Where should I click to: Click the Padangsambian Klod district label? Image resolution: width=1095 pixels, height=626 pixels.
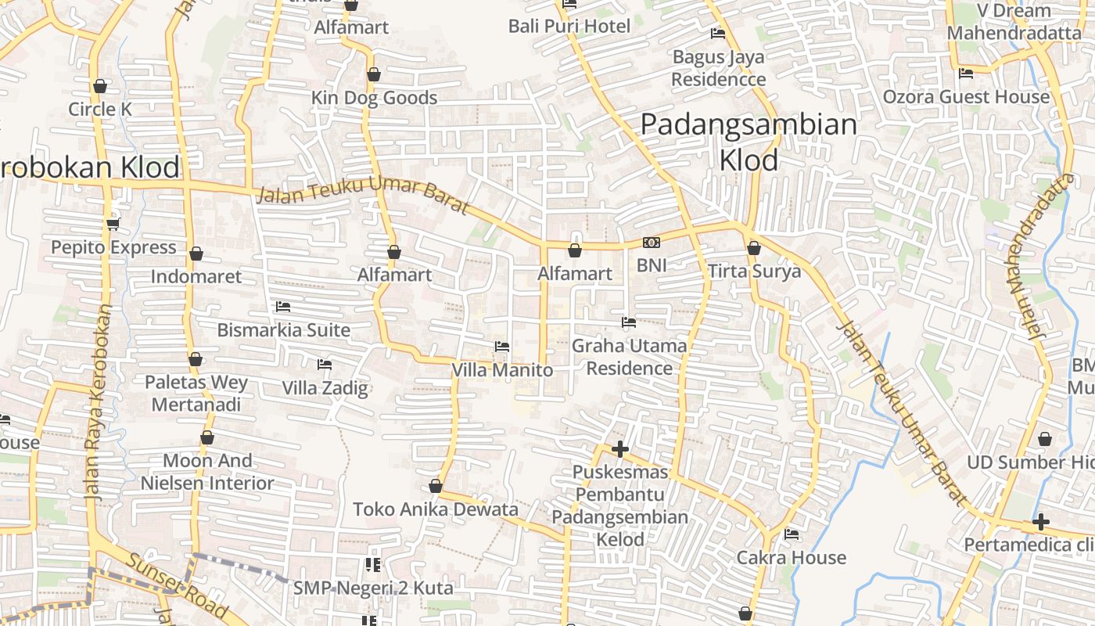(x=749, y=142)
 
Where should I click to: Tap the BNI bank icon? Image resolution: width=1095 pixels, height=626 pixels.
(x=652, y=243)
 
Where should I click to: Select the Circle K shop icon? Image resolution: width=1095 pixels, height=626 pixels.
(x=100, y=86)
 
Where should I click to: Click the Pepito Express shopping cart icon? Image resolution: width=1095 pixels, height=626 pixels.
(x=113, y=225)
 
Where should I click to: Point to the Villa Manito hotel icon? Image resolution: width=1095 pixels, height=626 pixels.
(x=502, y=346)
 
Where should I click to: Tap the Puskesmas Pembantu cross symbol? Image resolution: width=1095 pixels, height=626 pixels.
(x=620, y=449)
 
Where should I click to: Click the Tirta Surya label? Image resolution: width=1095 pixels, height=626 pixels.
(x=754, y=272)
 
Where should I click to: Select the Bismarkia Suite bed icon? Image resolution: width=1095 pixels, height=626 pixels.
(x=283, y=307)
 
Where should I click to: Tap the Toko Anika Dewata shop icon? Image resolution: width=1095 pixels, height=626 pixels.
(x=436, y=486)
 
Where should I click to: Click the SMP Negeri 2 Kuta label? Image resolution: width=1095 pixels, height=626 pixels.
(x=383, y=587)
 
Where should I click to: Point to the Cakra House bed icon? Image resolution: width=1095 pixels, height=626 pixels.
(x=792, y=534)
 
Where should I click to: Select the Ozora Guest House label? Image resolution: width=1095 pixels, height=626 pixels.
(x=966, y=97)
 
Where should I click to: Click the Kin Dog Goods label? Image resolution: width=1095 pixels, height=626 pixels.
(x=374, y=98)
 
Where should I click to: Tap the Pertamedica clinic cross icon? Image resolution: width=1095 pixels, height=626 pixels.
(x=1040, y=522)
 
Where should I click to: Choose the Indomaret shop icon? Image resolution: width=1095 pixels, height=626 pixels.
(x=196, y=254)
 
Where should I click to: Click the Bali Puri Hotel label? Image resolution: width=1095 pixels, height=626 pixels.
(x=569, y=27)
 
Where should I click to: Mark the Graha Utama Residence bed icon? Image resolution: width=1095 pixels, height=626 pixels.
(x=629, y=322)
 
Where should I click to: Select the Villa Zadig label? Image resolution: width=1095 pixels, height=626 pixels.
(x=325, y=388)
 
